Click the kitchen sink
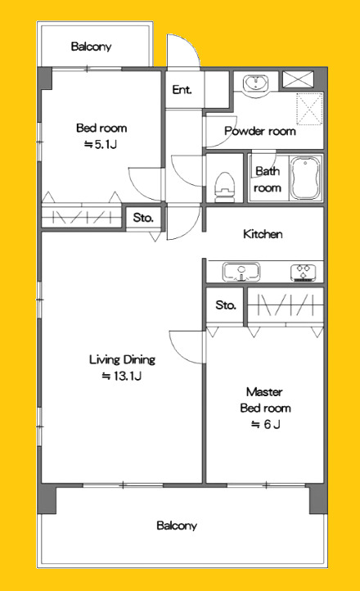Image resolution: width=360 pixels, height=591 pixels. click(241, 272)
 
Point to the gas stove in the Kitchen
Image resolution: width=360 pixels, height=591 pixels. click(304, 273)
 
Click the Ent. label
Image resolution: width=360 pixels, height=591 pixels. click(182, 90)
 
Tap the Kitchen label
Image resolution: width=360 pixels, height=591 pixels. click(263, 234)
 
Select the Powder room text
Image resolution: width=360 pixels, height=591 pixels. click(260, 131)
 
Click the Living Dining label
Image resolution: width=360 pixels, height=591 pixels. click(123, 360)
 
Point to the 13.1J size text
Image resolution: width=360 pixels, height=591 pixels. click(122, 377)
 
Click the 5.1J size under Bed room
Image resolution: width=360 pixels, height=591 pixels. click(101, 144)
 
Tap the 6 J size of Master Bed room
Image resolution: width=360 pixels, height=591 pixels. click(266, 425)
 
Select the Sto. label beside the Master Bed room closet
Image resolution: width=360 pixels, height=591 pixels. click(226, 305)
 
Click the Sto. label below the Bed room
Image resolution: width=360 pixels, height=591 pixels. click(143, 218)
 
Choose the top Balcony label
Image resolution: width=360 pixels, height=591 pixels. click(91, 47)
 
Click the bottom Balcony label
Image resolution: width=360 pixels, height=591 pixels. click(177, 526)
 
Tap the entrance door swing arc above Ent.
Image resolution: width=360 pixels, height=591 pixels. click(191, 44)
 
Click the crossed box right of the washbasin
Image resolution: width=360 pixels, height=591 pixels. click(298, 79)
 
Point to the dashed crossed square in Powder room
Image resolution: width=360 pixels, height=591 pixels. click(309, 109)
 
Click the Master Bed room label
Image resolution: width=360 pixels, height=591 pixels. click(265, 400)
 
